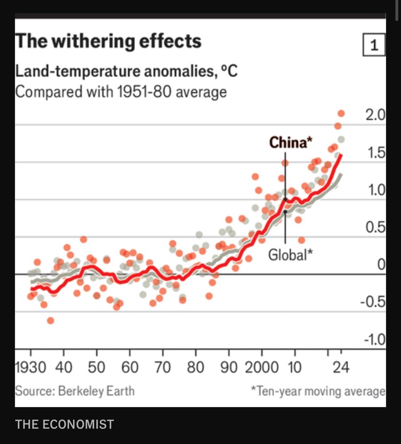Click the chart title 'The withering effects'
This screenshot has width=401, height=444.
click(x=108, y=41)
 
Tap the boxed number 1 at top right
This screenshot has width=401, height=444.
click(x=374, y=45)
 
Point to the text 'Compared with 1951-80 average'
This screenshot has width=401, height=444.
click(x=121, y=92)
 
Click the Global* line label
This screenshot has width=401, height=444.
click(x=291, y=255)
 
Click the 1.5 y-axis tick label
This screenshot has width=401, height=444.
click(x=376, y=153)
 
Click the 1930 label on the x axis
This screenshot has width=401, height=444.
click(x=30, y=368)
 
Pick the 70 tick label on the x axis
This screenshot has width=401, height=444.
click(x=163, y=368)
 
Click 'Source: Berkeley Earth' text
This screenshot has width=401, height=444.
click(x=75, y=391)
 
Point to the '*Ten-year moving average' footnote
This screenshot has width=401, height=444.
click(x=318, y=391)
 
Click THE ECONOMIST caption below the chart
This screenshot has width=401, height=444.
click(x=64, y=424)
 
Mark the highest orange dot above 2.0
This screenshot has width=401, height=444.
click(x=341, y=113)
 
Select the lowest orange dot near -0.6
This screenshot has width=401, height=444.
click(x=51, y=321)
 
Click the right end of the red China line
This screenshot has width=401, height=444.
click(x=341, y=155)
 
